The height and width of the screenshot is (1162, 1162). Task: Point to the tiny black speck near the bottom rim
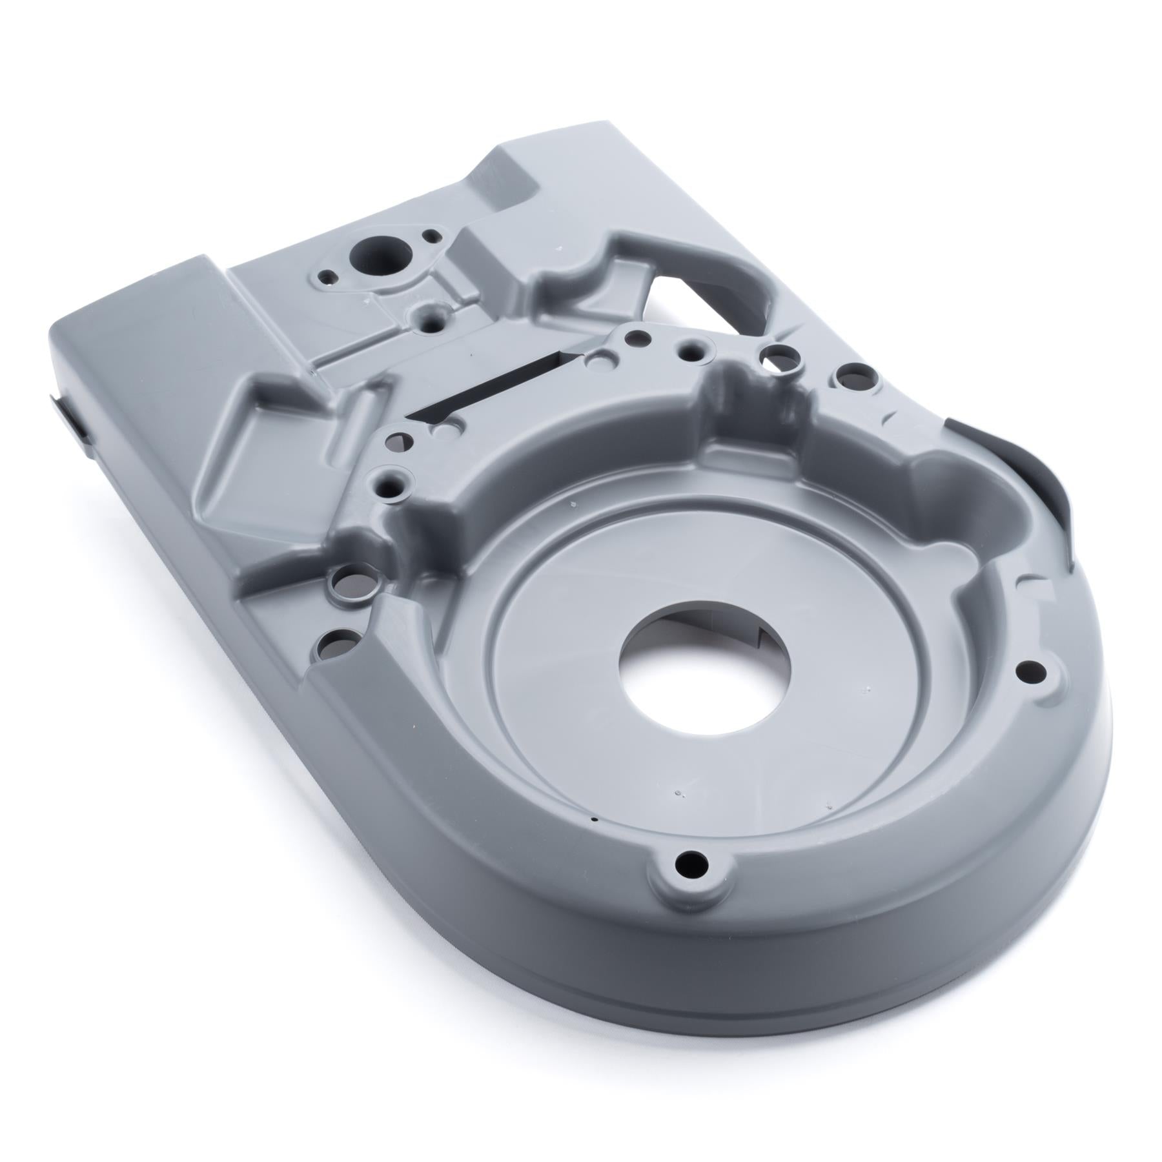tap(593, 819)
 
